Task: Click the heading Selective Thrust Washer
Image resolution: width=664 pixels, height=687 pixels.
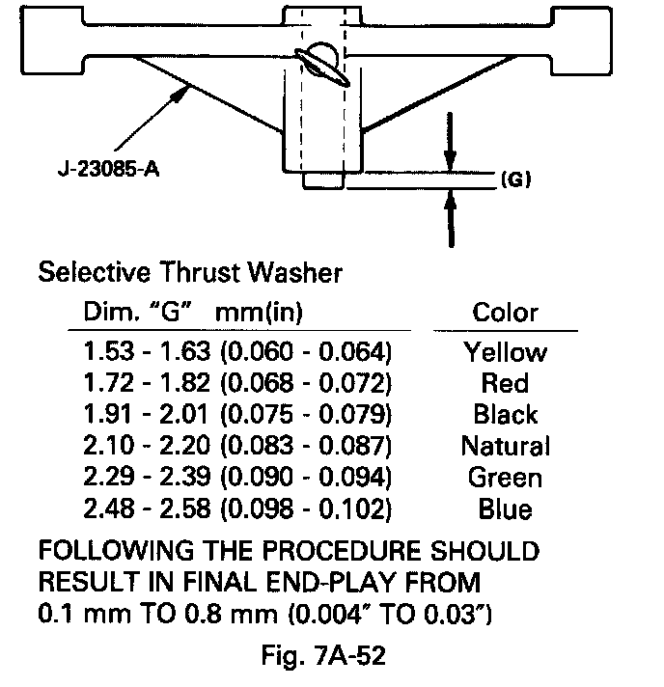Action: pos(189,273)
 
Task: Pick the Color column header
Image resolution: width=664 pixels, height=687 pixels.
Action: pos(505,313)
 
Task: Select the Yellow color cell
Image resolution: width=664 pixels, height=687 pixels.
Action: pos(505,351)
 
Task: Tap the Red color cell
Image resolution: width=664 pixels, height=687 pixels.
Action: pos(505,383)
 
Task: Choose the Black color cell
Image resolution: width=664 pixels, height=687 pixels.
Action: pos(505,415)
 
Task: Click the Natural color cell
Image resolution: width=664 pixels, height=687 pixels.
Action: pos(505,446)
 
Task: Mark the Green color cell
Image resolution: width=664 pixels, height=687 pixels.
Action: pos(505,478)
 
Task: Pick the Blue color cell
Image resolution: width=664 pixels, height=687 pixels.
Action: pos(505,509)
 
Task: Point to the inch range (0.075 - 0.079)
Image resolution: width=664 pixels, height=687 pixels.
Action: pos(307,415)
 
